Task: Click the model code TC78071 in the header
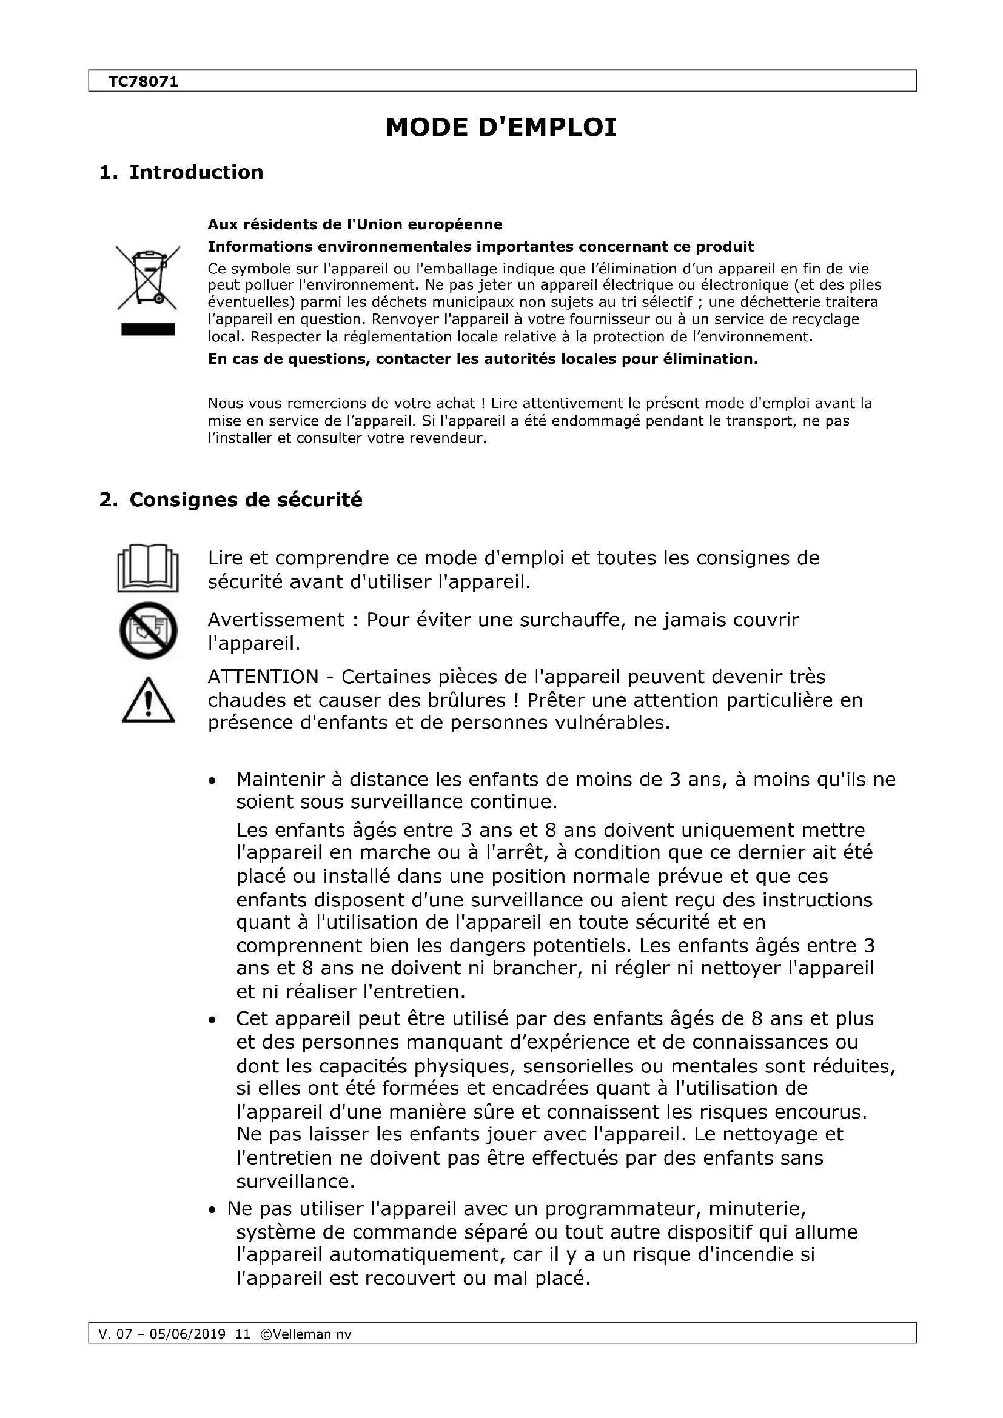[x=143, y=82]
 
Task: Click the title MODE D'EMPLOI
[x=501, y=127]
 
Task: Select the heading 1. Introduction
[x=181, y=172]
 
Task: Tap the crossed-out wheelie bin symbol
[x=148, y=277]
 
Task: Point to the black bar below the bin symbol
[x=148, y=329]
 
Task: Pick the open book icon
[x=148, y=567]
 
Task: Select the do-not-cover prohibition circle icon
[x=148, y=630]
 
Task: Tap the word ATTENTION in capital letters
[x=263, y=677]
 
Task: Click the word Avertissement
[x=275, y=620]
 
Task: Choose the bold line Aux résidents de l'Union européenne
[x=355, y=224]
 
